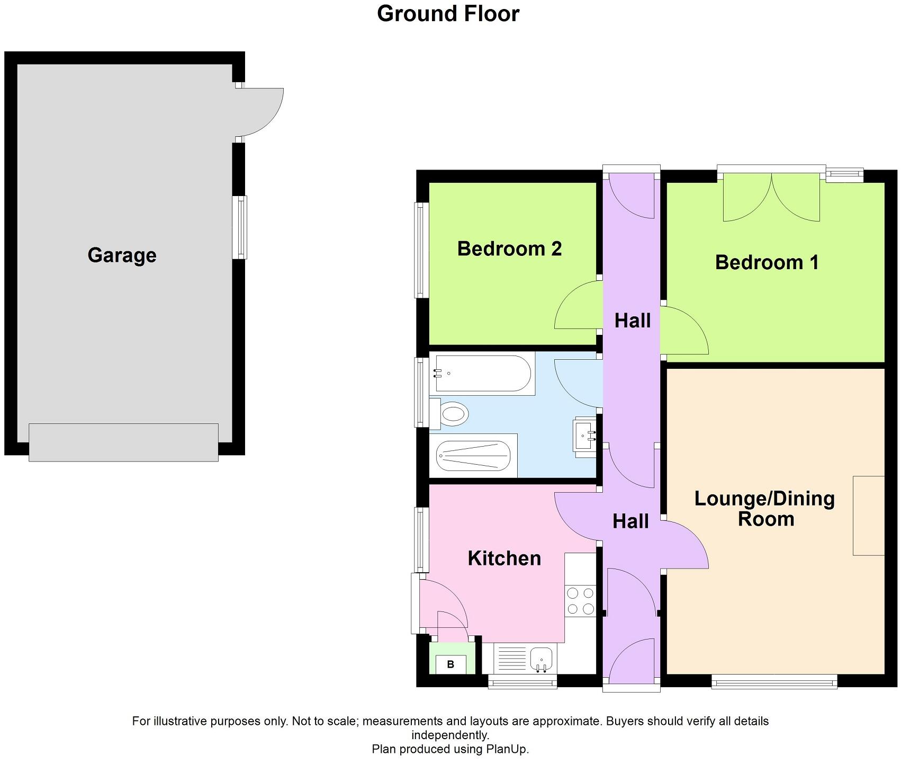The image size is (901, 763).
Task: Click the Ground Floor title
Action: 448,14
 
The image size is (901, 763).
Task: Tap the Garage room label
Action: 122,255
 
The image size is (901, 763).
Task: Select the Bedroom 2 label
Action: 509,249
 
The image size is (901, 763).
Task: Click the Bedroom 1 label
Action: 767,262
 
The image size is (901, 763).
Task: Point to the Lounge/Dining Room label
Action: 764,509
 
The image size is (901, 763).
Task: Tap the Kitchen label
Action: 504,558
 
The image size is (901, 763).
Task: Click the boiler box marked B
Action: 450,664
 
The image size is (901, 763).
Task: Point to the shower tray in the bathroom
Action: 474,456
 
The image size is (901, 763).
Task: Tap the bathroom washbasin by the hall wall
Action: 585,437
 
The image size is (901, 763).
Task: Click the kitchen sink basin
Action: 541,659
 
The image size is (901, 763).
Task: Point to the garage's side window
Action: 240,227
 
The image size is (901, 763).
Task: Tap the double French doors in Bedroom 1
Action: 771,197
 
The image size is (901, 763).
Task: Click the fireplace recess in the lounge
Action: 868,516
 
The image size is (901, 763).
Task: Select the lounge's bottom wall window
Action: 773,682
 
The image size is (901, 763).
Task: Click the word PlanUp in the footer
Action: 511,749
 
